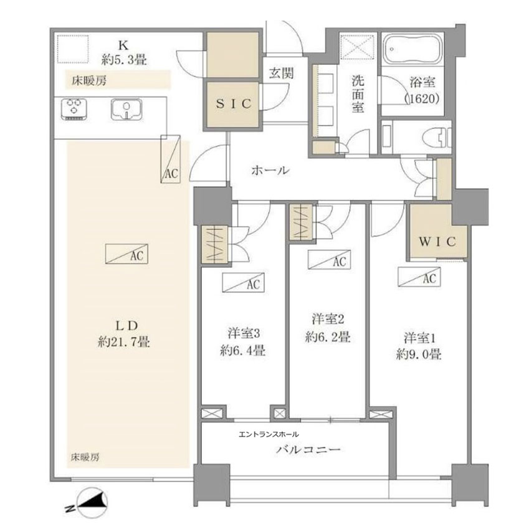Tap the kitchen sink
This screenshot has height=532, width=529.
(126, 109)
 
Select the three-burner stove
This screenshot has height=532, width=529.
(74, 109)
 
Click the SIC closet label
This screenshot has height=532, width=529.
(234, 103)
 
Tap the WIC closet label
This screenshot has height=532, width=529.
(437, 242)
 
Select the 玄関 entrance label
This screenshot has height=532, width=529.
(282, 73)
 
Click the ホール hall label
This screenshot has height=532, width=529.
(270, 170)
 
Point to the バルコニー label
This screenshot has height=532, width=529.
(308, 450)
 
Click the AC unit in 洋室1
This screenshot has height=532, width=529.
(419, 278)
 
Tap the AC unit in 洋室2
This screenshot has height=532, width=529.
(329, 260)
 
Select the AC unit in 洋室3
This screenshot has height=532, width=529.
(243, 283)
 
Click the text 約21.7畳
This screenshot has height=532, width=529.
(124, 341)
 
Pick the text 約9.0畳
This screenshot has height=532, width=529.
(419, 354)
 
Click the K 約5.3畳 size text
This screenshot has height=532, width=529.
(124, 60)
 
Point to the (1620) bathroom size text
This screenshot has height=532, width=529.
(422, 98)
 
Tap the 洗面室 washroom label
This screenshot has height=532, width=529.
(358, 94)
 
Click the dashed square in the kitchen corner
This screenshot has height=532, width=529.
(73, 49)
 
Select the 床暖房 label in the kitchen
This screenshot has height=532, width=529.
(89, 81)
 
